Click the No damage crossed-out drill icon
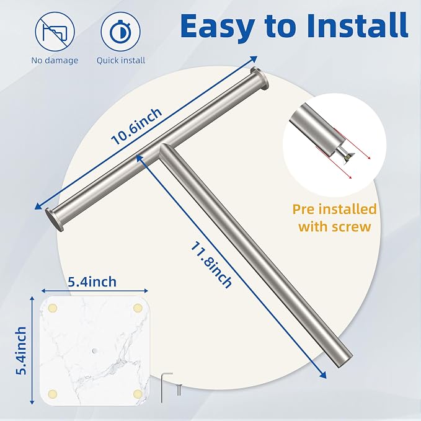point(55,32)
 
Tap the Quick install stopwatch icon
point(120,32)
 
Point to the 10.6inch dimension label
point(136,126)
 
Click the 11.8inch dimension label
point(211,265)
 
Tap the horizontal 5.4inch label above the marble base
point(92,282)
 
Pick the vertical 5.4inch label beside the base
point(21,351)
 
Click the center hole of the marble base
point(94,351)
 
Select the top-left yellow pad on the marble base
point(52,308)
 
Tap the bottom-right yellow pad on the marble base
point(138,394)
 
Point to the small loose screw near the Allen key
point(179,389)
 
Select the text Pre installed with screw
point(335,218)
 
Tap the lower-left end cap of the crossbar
point(55,220)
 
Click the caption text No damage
point(55,60)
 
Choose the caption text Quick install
point(121,60)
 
